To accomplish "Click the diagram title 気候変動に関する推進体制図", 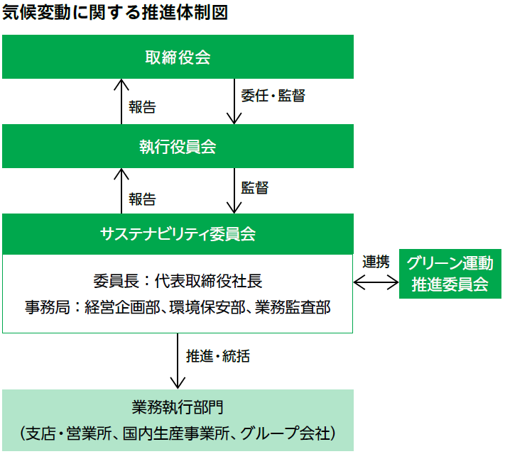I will coord(114,13).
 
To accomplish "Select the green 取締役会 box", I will coord(178,57).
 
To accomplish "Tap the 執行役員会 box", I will coord(178,147).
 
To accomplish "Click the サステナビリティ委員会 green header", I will coord(178,233).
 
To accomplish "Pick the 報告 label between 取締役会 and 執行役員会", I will coord(142,107).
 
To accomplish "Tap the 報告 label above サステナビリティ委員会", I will coord(142,199).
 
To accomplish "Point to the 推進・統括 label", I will coord(217,356).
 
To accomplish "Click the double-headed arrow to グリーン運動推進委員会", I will coord(376,282).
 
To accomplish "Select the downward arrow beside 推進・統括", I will coord(178,361).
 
